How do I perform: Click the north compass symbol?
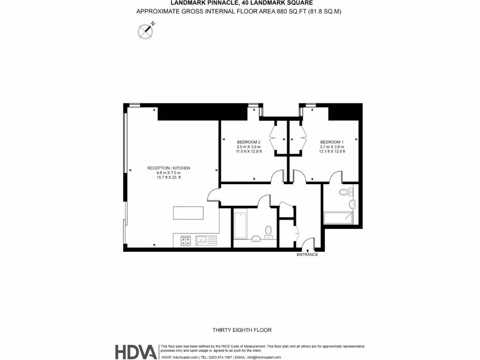tap(145, 31)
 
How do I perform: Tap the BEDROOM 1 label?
tap(332, 142)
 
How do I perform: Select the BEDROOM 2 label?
tap(248, 142)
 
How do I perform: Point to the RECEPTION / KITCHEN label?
tap(169, 168)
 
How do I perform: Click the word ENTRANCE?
tap(307, 255)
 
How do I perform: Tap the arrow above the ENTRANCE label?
tap(307, 251)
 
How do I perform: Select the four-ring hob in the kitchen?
tap(185, 240)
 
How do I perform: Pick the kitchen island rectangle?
tap(188, 213)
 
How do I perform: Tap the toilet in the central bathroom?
tap(268, 231)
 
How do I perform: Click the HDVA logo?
tap(136, 352)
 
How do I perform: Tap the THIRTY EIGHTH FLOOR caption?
tap(242, 330)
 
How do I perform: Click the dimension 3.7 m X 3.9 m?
tap(332, 147)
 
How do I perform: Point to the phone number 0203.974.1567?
tap(217, 357)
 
